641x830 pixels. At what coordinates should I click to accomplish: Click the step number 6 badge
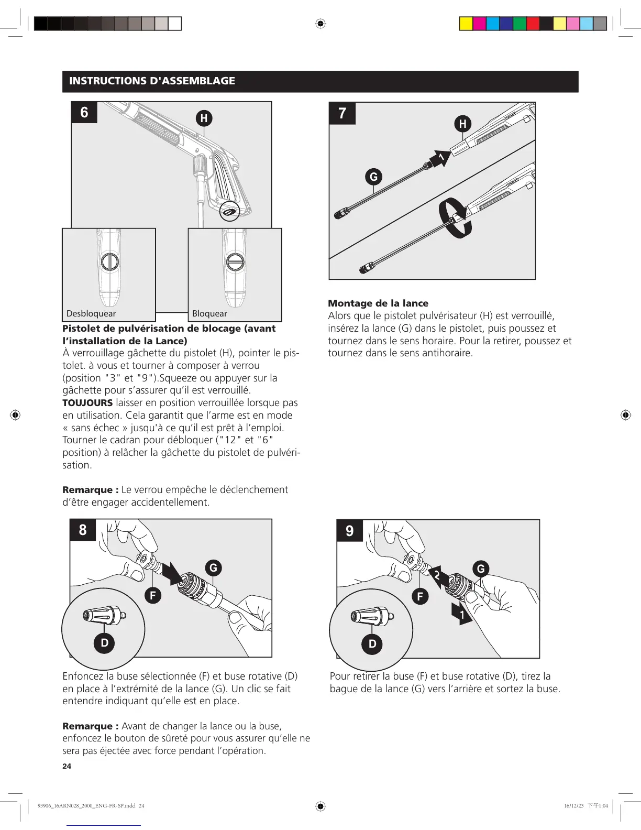84,113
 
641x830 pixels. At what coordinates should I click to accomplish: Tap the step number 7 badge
342,113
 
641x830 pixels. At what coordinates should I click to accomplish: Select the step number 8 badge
83,530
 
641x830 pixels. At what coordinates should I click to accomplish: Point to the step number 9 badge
350,531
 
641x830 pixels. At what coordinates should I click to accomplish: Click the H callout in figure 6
204,118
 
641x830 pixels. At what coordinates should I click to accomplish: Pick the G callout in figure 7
373,177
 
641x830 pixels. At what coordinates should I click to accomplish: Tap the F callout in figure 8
153,595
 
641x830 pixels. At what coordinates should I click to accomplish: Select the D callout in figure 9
372,643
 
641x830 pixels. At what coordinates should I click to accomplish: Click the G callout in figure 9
481,569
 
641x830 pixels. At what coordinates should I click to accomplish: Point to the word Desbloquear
91,313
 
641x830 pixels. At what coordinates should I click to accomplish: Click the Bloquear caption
209,313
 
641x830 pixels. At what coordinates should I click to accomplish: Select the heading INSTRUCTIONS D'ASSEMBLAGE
152,81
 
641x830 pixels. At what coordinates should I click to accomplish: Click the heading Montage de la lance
378,303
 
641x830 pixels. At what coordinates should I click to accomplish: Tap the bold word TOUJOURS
87,403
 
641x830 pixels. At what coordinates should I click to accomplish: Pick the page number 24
67,766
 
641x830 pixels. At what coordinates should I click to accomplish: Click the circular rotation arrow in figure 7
455,218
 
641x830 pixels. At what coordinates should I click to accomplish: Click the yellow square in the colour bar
466,24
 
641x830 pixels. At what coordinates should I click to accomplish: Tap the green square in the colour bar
520,24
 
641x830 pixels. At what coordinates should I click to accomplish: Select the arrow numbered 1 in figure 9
461,614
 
